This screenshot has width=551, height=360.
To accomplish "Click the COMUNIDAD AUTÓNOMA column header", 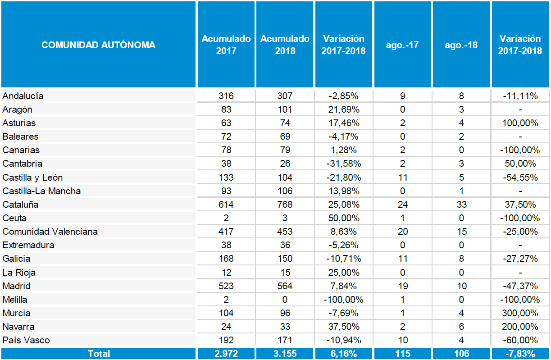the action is (x=98, y=45).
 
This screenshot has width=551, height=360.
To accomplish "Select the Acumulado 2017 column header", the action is (x=226, y=45).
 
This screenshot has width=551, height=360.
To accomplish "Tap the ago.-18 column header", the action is (x=461, y=45).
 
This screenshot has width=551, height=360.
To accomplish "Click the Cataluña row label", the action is (x=20, y=205).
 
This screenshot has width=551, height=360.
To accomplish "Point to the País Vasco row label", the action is (x=26, y=340).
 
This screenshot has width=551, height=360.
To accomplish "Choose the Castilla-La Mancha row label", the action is (x=41, y=191).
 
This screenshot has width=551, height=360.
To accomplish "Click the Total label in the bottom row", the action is (x=99, y=354).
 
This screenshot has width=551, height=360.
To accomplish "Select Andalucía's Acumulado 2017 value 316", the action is (x=226, y=96).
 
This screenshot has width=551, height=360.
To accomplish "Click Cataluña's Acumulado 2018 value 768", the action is (x=285, y=205).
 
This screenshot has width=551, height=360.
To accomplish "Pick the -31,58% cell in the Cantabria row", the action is (x=344, y=164).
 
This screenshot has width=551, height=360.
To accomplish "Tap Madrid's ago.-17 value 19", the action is (x=403, y=286).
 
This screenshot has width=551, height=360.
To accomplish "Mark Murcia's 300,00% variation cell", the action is (x=520, y=313).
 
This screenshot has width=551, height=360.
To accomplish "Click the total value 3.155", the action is (x=285, y=354).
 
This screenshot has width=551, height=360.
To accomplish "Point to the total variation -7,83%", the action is (x=520, y=354).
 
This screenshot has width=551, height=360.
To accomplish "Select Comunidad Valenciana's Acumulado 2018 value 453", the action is (x=285, y=232).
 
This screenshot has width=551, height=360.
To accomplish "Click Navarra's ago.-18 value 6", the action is (x=461, y=327).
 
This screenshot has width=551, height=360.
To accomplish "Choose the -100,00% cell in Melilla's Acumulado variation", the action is (x=344, y=300).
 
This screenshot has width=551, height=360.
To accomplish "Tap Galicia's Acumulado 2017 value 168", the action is (x=226, y=259).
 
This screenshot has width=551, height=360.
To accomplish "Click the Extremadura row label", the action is (x=28, y=245).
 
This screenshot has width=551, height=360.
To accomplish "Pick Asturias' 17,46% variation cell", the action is (x=344, y=123).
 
